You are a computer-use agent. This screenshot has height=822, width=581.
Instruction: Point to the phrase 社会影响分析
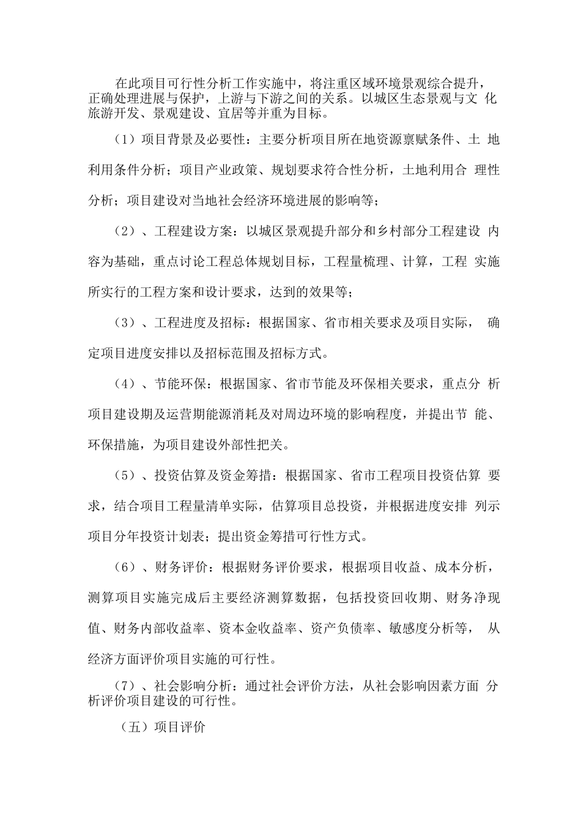tap(194, 687)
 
